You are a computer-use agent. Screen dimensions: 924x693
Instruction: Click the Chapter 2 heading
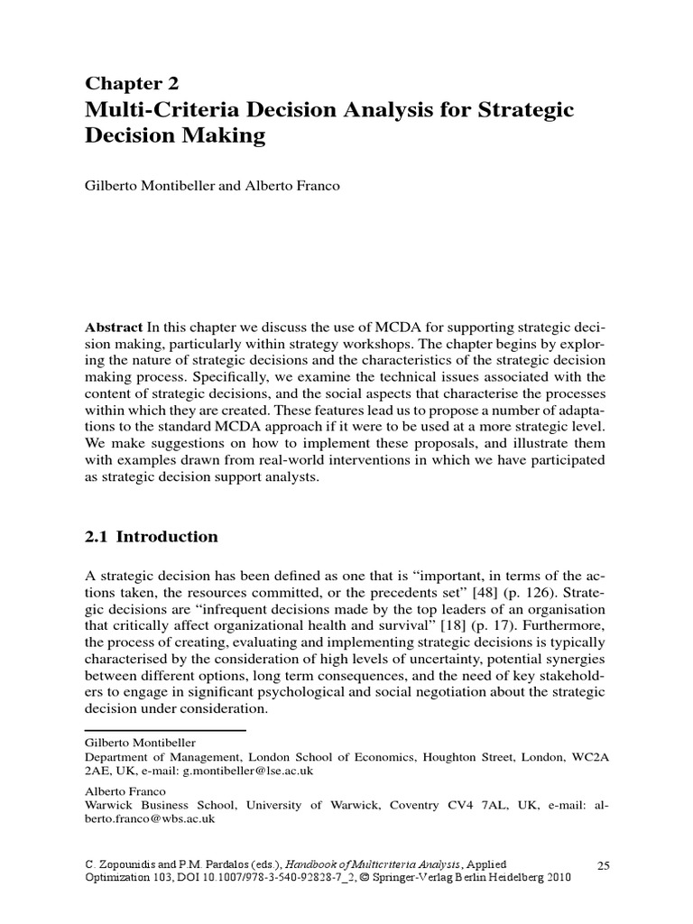coord(132,84)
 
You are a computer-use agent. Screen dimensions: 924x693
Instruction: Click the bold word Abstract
coord(114,325)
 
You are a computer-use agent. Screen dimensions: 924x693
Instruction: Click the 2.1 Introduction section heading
coord(151,537)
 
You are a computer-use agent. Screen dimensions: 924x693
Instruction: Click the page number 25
coord(604,865)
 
